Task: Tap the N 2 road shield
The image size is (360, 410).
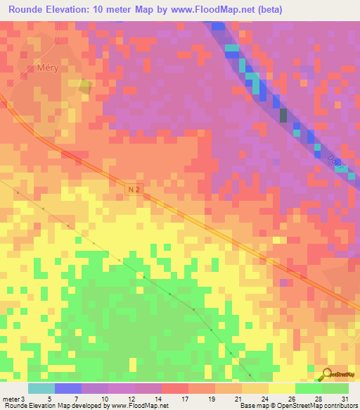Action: click(135, 190)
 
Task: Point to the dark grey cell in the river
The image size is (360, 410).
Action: click(283, 116)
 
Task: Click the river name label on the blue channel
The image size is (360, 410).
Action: click(333, 163)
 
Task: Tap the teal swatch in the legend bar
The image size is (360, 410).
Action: click(41, 388)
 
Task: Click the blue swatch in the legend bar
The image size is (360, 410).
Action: click(68, 388)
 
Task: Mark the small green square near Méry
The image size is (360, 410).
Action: click(85, 86)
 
